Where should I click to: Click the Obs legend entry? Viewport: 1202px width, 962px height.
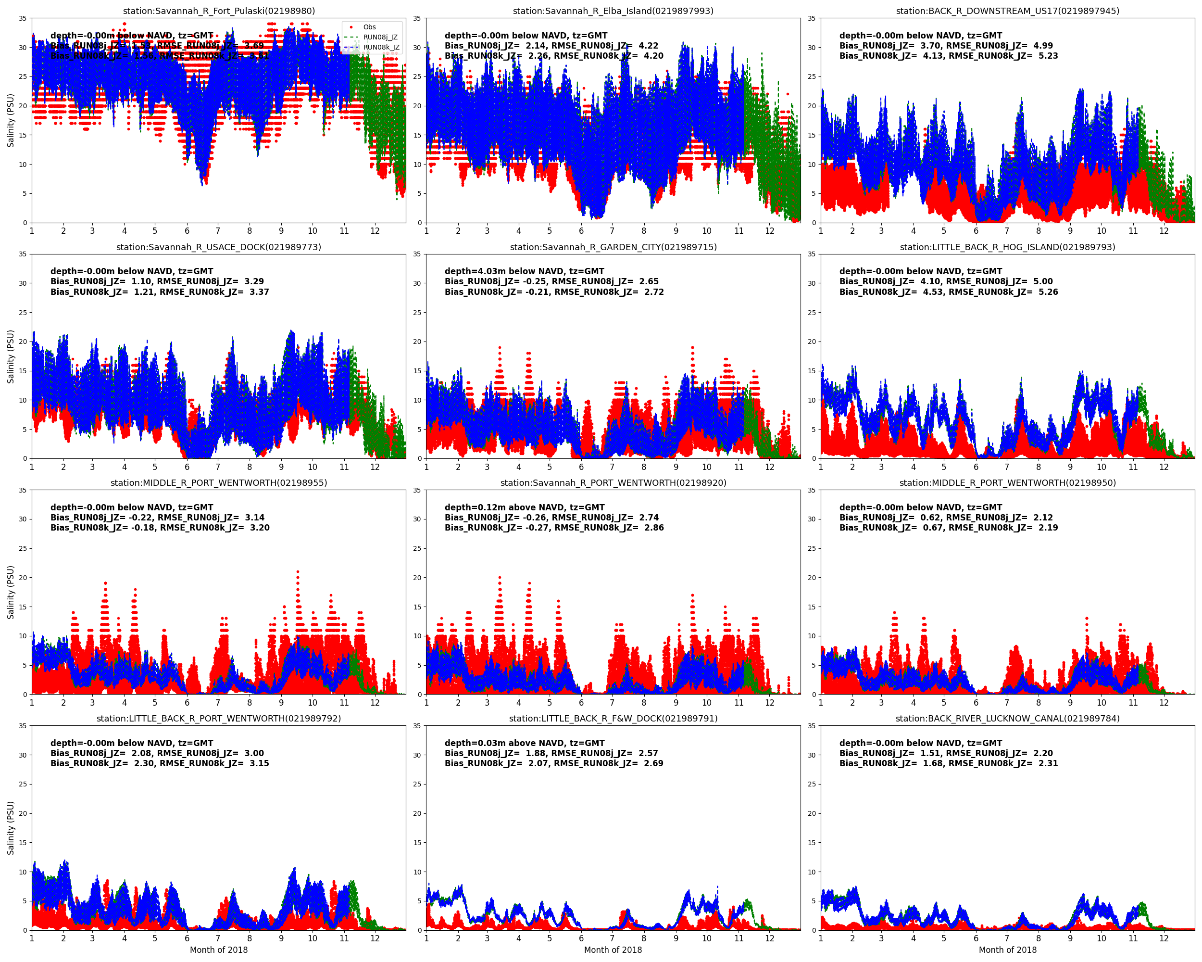pyautogui.click(x=369, y=27)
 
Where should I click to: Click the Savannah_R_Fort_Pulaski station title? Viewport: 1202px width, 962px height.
pyautogui.click(x=219, y=11)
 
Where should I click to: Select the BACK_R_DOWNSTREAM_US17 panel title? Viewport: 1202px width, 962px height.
pyautogui.click(x=1007, y=11)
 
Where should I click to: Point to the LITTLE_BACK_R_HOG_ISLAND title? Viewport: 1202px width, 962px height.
pyautogui.click(x=1007, y=247)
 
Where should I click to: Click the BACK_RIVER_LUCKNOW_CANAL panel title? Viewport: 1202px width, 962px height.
pyautogui.click(x=1007, y=718)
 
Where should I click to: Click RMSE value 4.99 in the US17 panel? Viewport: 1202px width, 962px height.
pyautogui.click(x=1043, y=46)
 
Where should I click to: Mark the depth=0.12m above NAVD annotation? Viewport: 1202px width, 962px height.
pyautogui.click(x=524, y=507)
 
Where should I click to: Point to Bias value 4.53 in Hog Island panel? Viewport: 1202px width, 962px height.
pyautogui.click(x=933, y=291)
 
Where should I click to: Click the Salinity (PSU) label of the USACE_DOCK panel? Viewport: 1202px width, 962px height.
pyautogui.click(x=11, y=356)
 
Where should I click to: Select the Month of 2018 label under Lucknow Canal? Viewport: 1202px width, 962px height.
pyautogui.click(x=1007, y=949)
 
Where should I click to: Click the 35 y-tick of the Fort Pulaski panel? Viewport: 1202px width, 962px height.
pyautogui.click(x=23, y=18)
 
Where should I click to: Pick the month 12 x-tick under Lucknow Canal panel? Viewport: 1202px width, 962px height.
pyautogui.click(x=1164, y=938)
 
